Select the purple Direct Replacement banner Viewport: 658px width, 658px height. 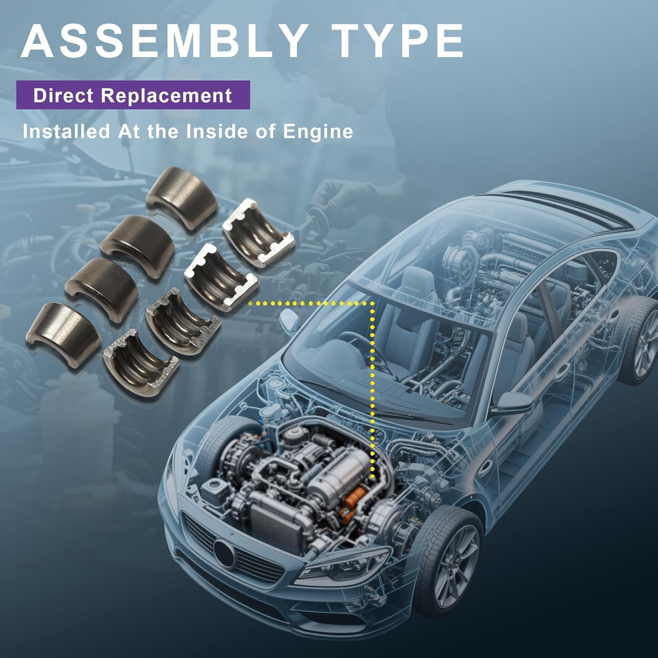tap(133, 95)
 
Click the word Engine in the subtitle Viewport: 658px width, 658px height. tap(318, 131)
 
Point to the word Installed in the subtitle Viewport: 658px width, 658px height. tap(66, 131)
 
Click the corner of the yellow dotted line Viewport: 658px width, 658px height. tap(372, 303)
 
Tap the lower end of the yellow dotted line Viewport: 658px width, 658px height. tap(372, 477)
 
